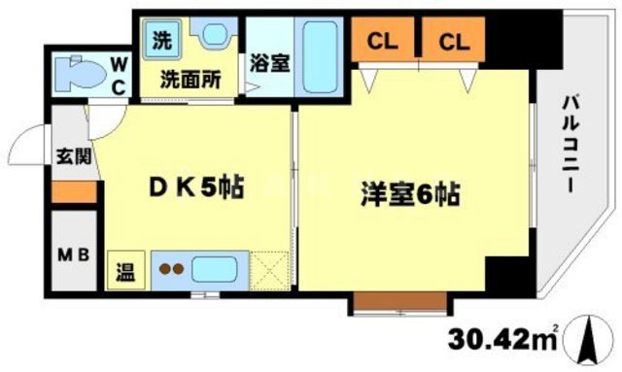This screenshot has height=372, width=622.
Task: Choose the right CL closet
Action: (x=454, y=41)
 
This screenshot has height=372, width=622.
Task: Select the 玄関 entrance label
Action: (x=70, y=155)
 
